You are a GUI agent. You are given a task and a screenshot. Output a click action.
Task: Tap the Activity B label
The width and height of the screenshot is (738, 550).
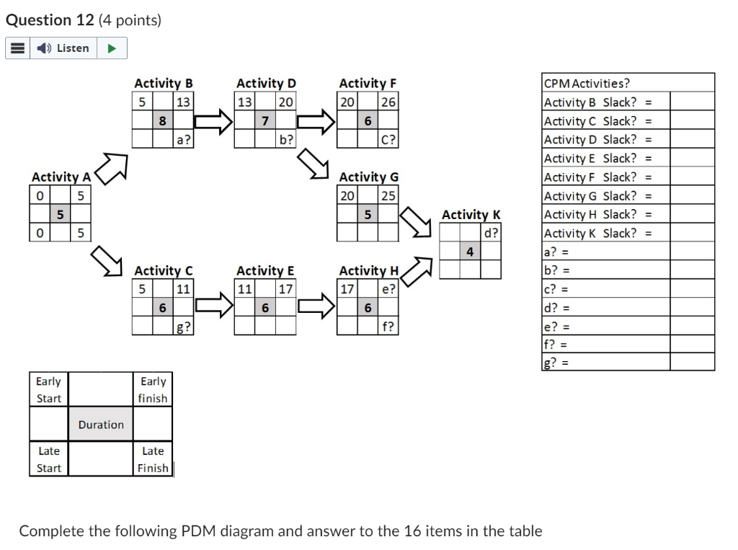(163, 83)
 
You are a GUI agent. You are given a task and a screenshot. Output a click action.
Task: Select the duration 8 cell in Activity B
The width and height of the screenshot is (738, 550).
(164, 121)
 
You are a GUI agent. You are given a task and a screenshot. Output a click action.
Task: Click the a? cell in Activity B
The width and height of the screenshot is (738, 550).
(184, 140)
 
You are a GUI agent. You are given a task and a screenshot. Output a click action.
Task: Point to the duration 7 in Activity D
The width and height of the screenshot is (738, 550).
(266, 121)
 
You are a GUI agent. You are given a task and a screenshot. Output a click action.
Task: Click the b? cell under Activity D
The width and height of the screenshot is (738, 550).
(286, 140)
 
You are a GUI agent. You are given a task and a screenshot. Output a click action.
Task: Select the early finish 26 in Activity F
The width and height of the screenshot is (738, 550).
(388, 102)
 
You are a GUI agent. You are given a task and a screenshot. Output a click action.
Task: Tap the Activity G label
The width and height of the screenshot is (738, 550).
(368, 177)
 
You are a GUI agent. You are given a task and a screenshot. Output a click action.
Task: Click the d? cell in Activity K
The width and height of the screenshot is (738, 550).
(492, 233)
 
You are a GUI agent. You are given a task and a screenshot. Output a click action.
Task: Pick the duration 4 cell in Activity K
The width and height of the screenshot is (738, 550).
(471, 252)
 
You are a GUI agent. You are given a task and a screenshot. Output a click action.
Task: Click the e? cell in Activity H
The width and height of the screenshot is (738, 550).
(388, 289)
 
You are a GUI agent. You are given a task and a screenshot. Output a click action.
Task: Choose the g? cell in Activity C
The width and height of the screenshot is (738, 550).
(184, 327)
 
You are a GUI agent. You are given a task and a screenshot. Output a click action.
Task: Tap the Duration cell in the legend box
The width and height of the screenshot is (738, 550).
(101, 425)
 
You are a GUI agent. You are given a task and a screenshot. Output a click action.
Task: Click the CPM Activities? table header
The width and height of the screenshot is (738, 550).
(587, 83)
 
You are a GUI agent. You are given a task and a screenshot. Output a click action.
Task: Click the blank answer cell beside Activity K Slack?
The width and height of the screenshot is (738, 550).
(692, 233)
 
